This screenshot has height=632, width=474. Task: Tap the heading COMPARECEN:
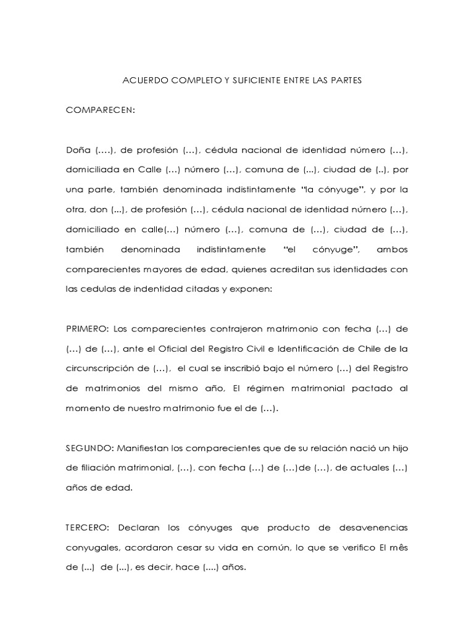point(99,110)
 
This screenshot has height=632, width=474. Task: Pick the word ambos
point(393,250)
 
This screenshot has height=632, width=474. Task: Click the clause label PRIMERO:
point(87,329)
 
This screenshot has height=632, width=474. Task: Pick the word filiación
point(101,468)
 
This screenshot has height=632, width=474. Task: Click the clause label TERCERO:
point(88,528)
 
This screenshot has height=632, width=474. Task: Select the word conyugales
point(93,547)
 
